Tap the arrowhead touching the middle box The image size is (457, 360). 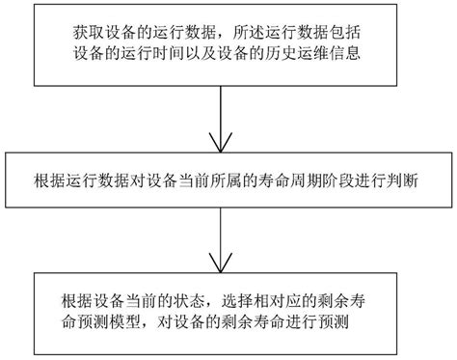pyautogui.click(x=224, y=145)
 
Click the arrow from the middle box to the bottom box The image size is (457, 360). pyautogui.click(x=223, y=236)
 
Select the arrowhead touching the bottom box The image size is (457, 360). pyautogui.click(x=223, y=265)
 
